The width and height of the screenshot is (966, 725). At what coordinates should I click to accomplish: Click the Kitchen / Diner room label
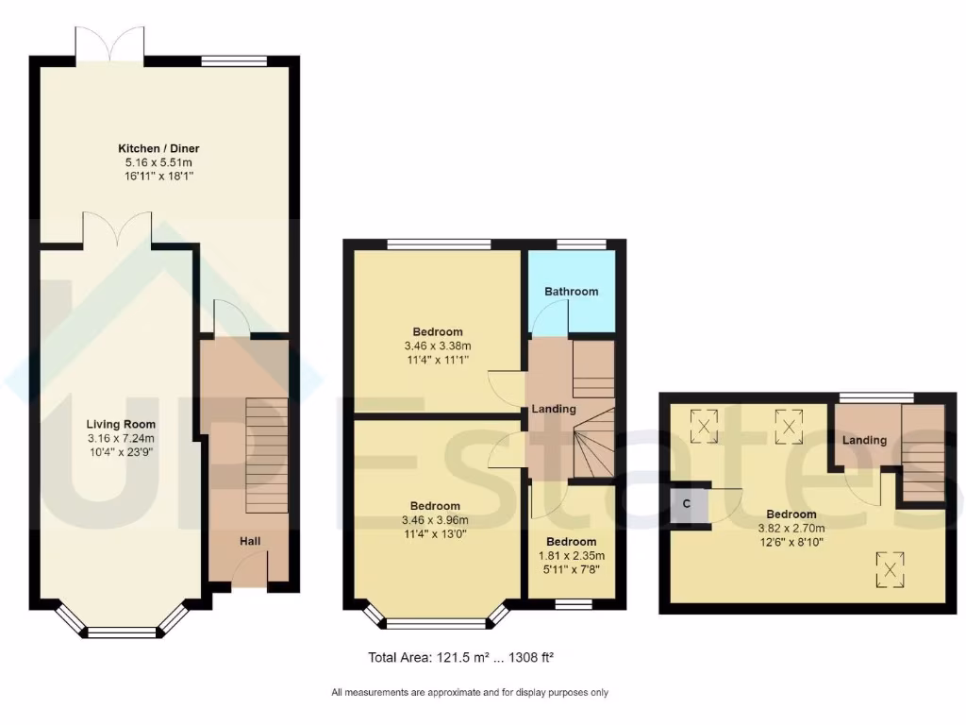point(158,148)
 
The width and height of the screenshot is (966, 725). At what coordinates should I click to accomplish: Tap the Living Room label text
point(122,424)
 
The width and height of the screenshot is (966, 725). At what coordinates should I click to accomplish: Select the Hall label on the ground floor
point(249,541)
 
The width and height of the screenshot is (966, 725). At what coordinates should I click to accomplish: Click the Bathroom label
point(571,292)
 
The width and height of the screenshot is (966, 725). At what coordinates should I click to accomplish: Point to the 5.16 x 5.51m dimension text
point(158,162)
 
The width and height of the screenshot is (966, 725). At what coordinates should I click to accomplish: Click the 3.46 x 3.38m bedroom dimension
point(438,346)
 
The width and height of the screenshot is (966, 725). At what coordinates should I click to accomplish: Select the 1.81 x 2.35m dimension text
point(572,556)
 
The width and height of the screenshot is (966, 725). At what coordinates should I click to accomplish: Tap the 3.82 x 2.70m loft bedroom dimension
point(791,529)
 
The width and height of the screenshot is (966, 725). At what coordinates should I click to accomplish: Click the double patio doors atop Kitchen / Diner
point(110,43)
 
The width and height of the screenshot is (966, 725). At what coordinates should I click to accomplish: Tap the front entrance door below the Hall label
point(249,571)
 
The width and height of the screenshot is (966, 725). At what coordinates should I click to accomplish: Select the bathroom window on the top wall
point(580,244)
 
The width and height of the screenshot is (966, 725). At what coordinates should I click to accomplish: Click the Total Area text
point(466,657)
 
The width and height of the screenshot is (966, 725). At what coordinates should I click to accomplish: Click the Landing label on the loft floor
point(864,440)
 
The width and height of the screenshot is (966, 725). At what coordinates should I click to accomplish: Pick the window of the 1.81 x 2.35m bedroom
point(573,604)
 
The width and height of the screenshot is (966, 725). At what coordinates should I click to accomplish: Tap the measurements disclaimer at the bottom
point(470,693)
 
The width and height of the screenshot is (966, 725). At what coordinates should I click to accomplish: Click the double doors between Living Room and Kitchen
point(117,230)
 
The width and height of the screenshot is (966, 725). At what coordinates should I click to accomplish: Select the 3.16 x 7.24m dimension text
point(122,438)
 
